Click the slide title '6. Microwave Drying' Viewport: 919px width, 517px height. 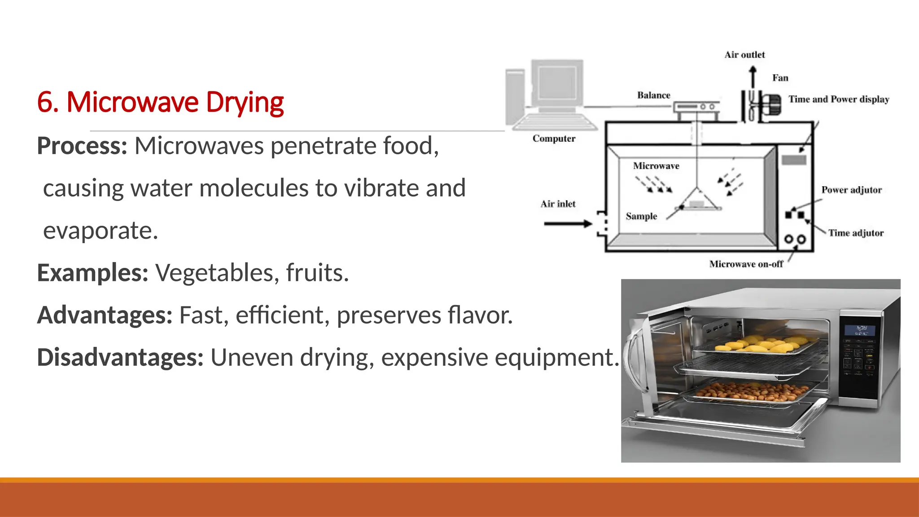tap(160, 102)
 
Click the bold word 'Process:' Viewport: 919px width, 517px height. tap(82, 146)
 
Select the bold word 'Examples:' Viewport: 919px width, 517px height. tap(92, 272)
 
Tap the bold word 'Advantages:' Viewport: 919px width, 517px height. tap(105, 315)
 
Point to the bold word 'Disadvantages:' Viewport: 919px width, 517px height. tap(120, 358)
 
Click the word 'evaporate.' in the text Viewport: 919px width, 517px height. tap(101, 231)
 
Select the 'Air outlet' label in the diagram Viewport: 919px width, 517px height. tap(744, 55)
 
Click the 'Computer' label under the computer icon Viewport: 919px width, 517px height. tap(554, 139)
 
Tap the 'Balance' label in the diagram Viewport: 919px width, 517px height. tap(653, 95)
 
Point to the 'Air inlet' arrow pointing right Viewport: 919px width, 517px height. tap(568, 223)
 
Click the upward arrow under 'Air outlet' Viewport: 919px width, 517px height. tap(753, 76)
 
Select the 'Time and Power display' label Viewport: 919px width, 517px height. tap(839, 99)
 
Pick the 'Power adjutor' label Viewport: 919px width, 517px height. tap(851, 190)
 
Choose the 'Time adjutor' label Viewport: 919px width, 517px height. tap(856, 233)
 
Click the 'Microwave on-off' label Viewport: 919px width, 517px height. tap(746, 264)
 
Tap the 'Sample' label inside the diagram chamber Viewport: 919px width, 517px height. tap(641, 216)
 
